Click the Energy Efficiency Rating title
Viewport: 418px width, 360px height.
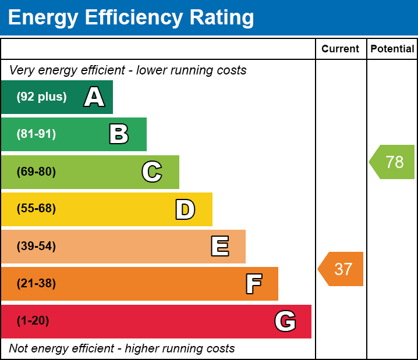click(130, 18)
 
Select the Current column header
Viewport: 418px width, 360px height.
click(340, 49)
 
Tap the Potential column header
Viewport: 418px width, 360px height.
click(392, 49)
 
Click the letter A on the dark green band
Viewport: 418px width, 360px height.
click(94, 97)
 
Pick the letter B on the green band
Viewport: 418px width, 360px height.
click(119, 134)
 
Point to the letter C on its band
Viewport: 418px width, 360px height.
click(152, 172)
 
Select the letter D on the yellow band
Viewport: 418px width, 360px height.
click(185, 209)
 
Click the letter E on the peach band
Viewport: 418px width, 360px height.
click(219, 247)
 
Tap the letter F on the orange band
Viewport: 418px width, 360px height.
click(253, 284)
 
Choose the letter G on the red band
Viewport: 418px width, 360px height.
click(285, 321)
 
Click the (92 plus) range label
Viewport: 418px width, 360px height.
click(41, 97)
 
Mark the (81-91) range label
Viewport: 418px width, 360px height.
click(36, 134)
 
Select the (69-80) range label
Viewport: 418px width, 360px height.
click(36, 172)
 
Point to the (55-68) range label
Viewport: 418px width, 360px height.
click(36, 209)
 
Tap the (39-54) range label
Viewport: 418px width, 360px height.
click(36, 246)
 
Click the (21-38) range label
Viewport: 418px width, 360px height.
click(36, 284)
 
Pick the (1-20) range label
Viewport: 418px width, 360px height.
click(33, 321)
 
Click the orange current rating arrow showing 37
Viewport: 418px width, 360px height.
click(342, 269)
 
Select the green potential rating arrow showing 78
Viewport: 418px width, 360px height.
click(393, 162)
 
